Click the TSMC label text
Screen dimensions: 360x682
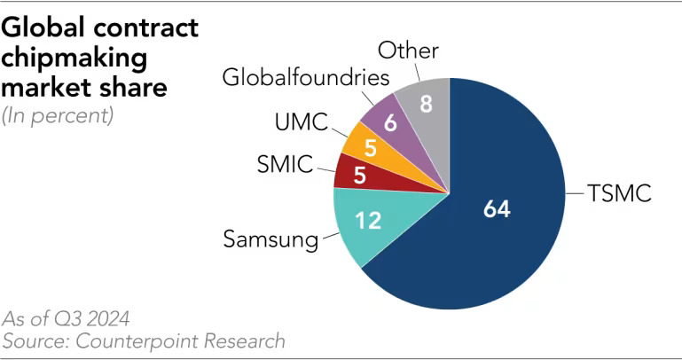[619, 192]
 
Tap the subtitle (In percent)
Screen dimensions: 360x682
[59, 116]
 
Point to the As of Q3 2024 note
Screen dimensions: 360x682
[59, 318]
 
